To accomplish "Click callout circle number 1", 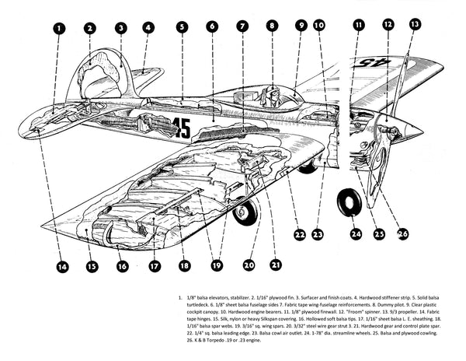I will click(59, 28).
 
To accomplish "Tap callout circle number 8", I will click(271, 25).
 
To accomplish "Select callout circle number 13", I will click(415, 25).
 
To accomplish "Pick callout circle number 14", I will click(63, 266).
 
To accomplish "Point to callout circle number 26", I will click(402, 233).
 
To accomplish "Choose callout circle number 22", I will click(299, 233).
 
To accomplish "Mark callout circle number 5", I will click(181, 26).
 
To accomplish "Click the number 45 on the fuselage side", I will click(182, 127).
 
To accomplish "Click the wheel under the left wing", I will click(245, 212).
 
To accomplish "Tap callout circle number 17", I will click(154, 266).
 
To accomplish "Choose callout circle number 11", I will click(358, 25).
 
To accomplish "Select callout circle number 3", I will click(120, 28).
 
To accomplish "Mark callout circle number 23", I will click(318, 233).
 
